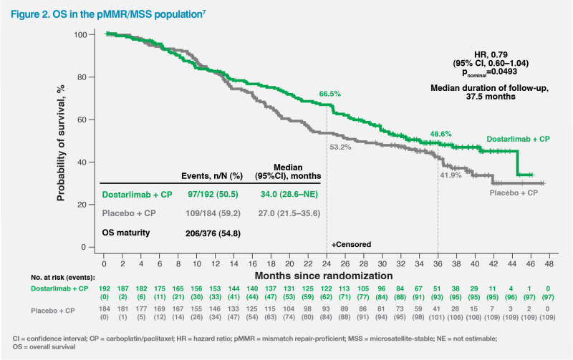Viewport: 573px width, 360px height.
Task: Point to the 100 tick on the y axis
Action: coord(90,35)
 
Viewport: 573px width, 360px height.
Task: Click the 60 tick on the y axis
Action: coord(93,120)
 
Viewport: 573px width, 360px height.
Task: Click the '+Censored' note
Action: coord(351,244)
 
